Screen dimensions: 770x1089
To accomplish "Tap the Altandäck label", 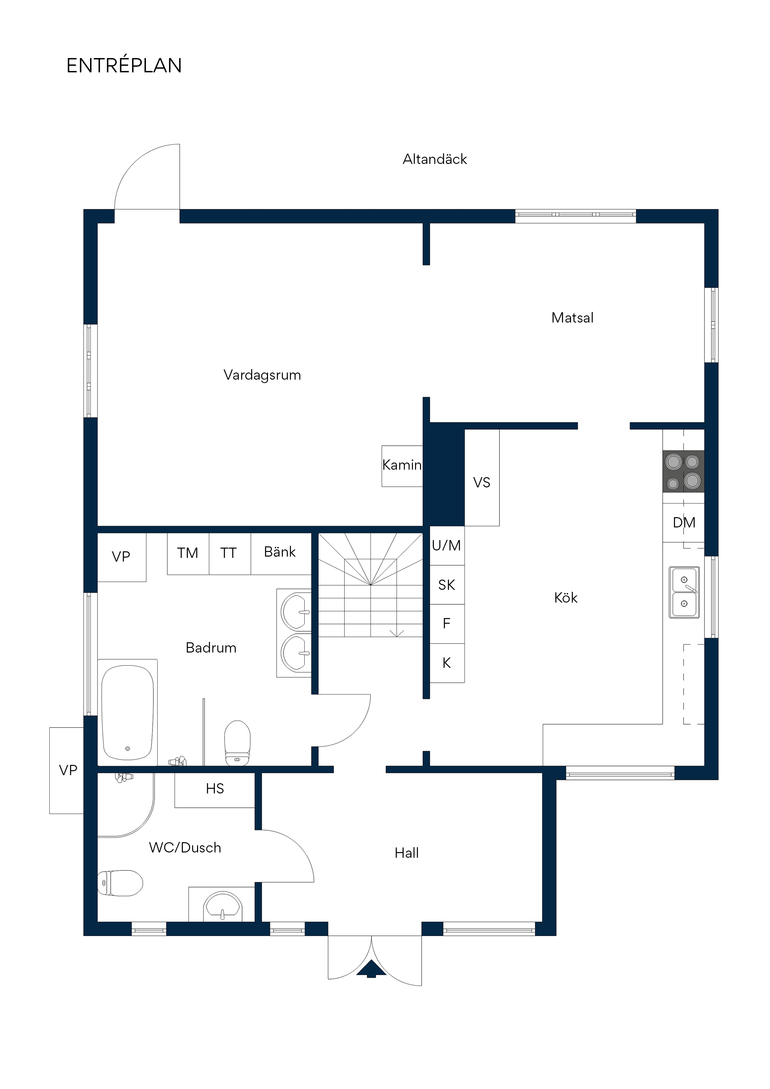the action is coord(435,159).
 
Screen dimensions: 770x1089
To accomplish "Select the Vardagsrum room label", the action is coord(262,375).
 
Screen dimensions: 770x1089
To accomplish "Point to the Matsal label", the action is coord(572,317).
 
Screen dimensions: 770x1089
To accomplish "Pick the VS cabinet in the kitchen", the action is coord(482,478).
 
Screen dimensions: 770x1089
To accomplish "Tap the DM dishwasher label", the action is coord(684,522).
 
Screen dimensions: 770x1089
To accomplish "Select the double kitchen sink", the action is coord(684,592).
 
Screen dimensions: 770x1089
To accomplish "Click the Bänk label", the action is coord(280,552).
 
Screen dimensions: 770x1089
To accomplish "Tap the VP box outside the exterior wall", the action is coord(67,770).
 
